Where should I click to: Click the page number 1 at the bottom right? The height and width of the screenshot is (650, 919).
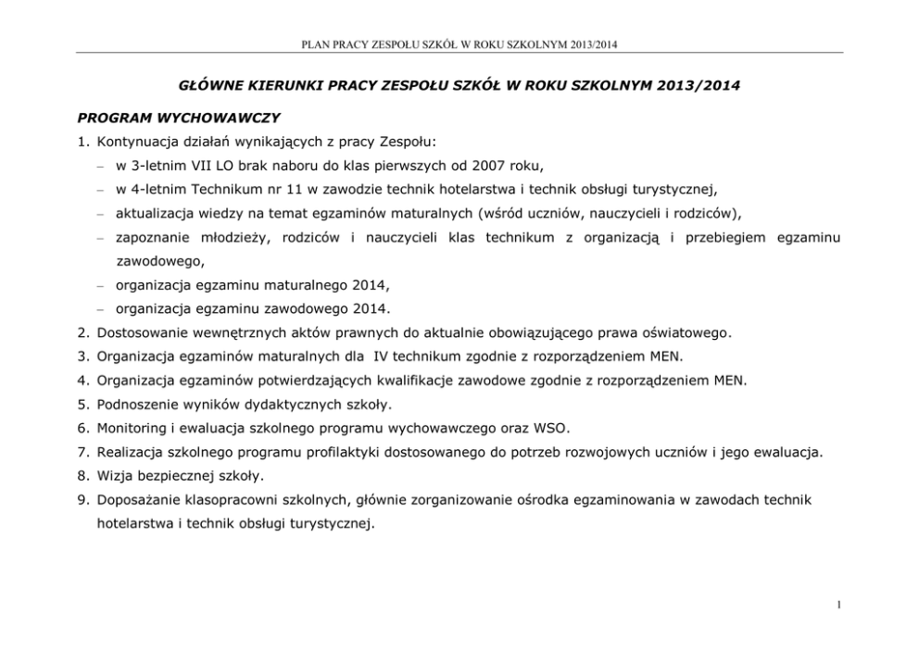[x=837, y=606]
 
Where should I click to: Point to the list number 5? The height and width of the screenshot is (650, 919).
[x=83, y=405]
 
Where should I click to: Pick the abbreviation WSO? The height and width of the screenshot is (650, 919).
[x=552, y=429]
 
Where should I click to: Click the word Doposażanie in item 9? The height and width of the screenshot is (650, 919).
[x=140, y=500]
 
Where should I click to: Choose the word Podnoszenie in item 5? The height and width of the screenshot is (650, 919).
[x=138, y=405]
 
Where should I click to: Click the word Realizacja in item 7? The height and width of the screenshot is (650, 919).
[x=132, y=453]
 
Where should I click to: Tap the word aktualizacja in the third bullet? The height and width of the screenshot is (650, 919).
[x=153, y=214]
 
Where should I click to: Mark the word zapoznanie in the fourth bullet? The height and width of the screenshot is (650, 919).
[x=149, y=238]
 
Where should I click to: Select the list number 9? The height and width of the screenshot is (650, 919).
[x=83, y=500]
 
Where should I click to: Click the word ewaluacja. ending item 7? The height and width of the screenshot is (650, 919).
[x=787, y=453]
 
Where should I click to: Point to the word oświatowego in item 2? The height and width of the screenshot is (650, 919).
[x=690, y=333]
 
